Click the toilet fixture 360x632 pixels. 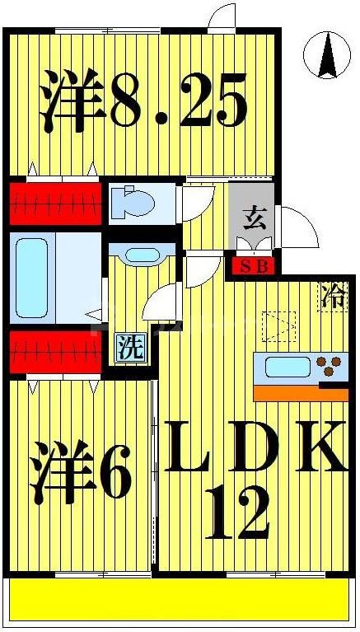136,200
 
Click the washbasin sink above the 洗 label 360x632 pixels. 141,253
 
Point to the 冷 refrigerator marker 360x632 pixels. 333,294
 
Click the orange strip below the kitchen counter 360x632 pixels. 298,393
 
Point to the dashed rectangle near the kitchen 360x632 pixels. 278,325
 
